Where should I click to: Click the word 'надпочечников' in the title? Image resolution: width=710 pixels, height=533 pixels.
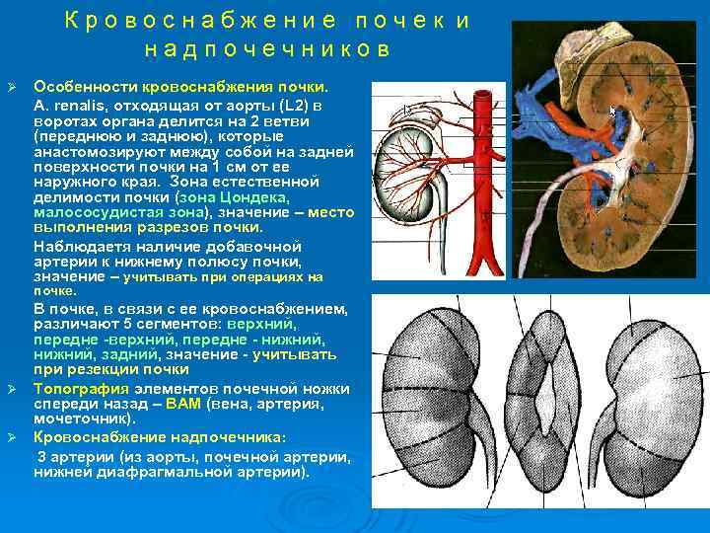point(266,48)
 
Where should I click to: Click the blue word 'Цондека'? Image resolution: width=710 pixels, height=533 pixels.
point(217,195)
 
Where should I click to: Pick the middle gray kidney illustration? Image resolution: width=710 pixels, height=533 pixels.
point(546,395)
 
